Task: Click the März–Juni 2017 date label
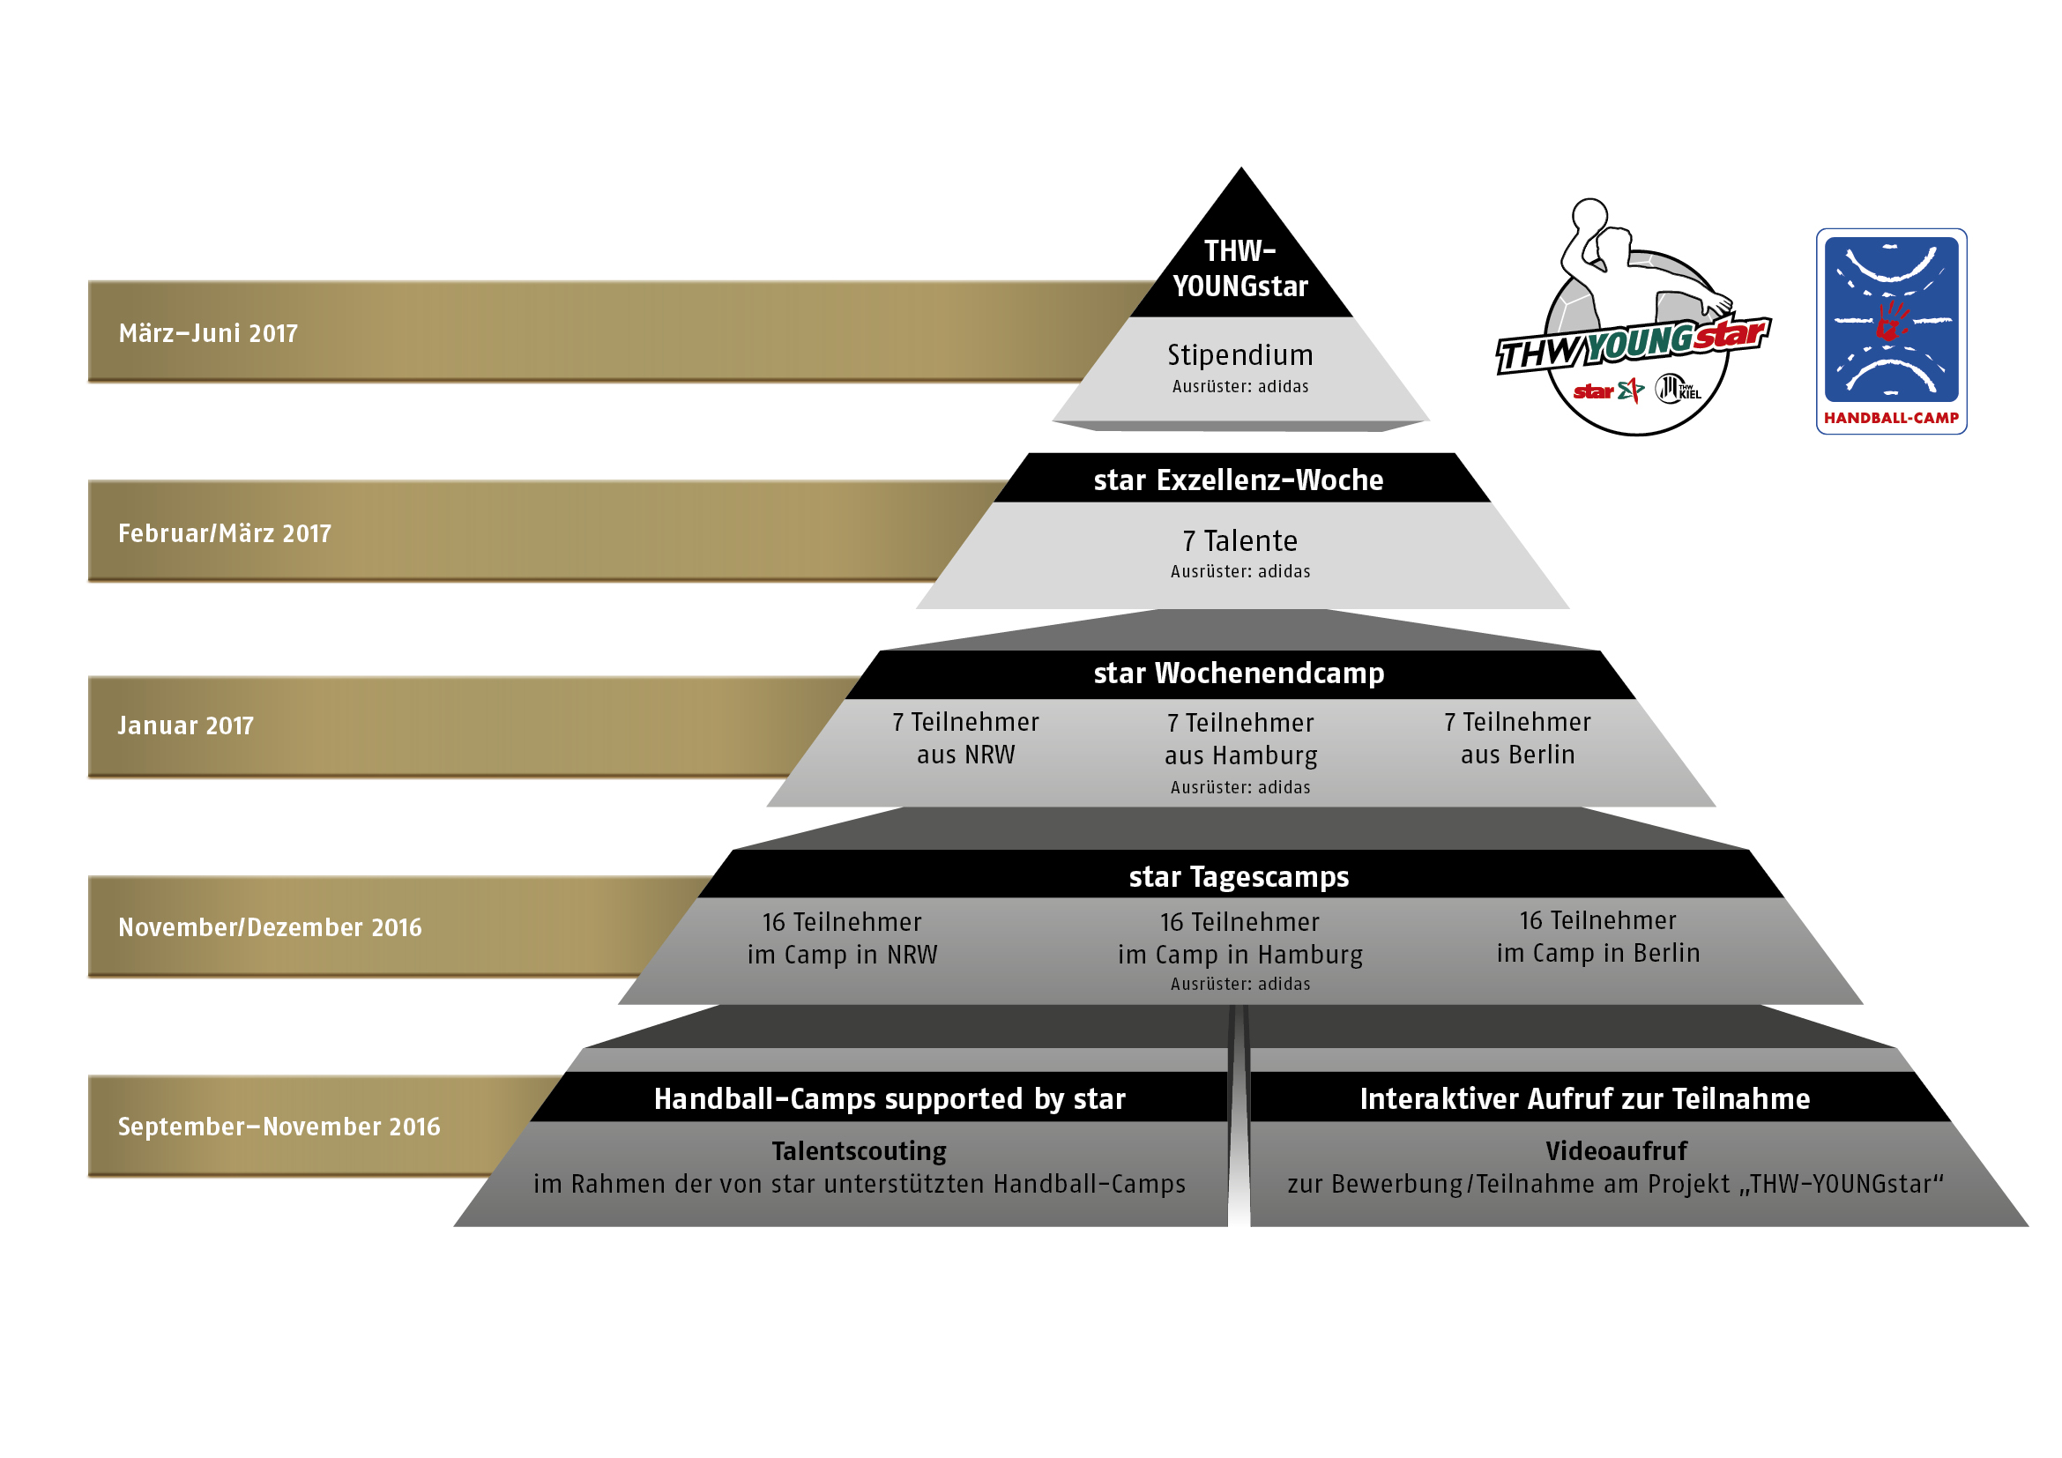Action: (x=207, y=333)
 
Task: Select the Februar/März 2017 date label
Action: (x=225, y=533)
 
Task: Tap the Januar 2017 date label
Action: (x=186, y=725)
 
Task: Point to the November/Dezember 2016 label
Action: (x=270, y=927)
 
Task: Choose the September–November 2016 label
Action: (x=279, y=1127)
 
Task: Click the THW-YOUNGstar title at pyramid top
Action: (x=1240, y=269)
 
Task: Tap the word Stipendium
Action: (x=1240, y=355)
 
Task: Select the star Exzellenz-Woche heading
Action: (x=1239, y=480)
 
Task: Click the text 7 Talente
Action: (x=1240, y=541)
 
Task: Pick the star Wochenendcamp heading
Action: (x=1239, y=673)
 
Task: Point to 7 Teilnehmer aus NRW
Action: (x=965, y=739)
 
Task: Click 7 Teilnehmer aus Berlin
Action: (x=1518, y=739)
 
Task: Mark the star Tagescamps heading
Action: (x=1239, y=877)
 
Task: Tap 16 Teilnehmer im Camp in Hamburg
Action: (x=1240, y=939)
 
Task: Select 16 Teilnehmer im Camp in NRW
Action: (x=843, y=939)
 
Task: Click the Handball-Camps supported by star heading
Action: (x=890, y=1099)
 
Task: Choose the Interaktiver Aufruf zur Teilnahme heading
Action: (x=1585, y=1099)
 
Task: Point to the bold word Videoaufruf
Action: (x=1617, y=1151)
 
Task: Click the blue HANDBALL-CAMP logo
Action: (x=1891, y=331)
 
